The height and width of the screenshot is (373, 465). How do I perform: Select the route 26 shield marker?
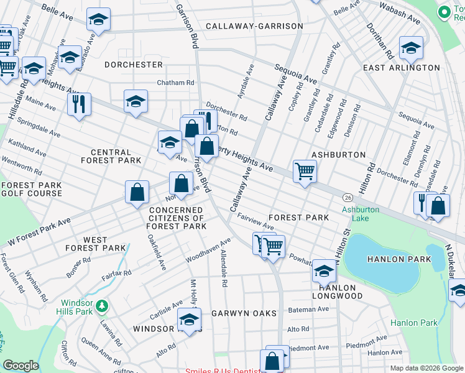347,196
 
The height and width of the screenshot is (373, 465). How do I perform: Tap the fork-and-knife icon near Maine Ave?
79,104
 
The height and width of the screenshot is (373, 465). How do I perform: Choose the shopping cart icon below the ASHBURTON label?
305,171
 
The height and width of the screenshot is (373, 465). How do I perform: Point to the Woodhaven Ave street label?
209,249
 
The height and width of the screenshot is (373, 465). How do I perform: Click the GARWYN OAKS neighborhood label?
244,313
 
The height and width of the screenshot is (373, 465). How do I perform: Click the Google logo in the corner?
21,366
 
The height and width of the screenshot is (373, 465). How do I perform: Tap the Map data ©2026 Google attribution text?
426,368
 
